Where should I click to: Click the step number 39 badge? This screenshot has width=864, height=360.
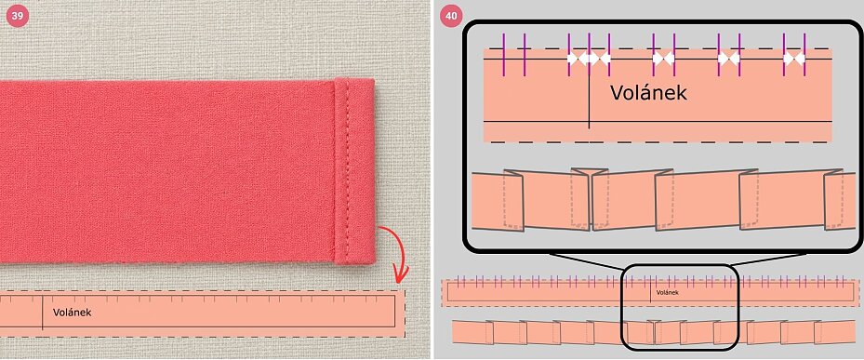pos(17,17)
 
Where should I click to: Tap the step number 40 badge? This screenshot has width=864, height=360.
pos(451,17)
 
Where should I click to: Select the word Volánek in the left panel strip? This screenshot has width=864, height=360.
pos(73,313)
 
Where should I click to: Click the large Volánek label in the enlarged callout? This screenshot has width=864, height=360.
pos(648,92)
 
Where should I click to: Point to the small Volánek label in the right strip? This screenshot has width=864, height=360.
pos(667,292)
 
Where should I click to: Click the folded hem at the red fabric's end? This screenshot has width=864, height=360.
pos(354,171)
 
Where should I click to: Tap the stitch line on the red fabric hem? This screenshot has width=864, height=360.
pos(346,171)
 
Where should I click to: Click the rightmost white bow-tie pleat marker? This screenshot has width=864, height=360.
pos(794,58)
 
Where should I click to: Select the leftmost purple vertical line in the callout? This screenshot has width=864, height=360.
pos(504,55)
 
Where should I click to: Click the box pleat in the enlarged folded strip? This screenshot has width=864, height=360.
pos(591,199)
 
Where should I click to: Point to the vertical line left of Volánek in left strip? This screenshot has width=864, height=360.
pos(43,312)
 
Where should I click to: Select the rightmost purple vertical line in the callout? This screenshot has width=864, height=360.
pos(804,55)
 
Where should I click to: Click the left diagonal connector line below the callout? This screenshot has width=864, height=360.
pos(586,260)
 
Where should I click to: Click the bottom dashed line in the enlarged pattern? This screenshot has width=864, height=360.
pos(659,142)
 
